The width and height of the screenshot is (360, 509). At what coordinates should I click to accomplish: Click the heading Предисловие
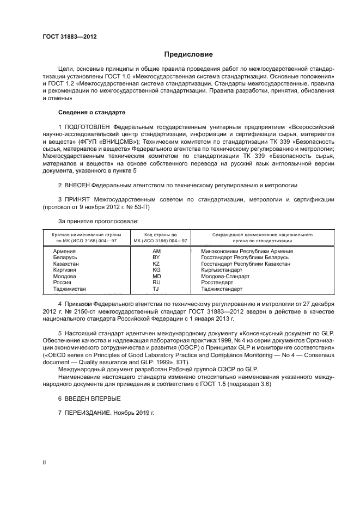(189, 55)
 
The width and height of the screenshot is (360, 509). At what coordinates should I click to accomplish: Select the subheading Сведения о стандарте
(91, 112)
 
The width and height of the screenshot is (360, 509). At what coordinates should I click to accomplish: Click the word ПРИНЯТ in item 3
(78, 200)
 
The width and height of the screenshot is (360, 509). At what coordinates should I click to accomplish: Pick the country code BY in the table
(156, 257)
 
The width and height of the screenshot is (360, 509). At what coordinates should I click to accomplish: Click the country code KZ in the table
(156, 263)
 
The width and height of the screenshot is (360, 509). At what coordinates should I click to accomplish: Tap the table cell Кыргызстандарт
(222, 270)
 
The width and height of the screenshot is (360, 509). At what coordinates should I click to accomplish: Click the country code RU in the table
(156, 283)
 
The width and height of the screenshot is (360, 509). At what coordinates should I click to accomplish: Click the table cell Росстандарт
(217, 283)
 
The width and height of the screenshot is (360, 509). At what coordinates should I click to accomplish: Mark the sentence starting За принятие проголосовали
(98, 221)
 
